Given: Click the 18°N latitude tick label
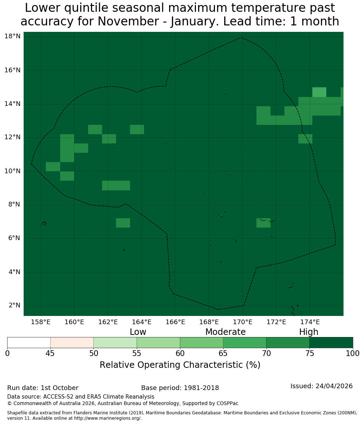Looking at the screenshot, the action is pos(13,36).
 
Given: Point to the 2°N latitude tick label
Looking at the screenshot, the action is pos(14,305).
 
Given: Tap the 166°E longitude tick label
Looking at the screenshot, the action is pos(176,322).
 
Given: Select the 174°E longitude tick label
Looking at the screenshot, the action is pos(310,322).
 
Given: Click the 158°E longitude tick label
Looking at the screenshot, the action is pos(40,322).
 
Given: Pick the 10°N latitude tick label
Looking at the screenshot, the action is pos(13,171).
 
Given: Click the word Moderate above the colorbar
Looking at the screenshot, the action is pos(225,332).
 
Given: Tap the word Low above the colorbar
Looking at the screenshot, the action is pos(138,332).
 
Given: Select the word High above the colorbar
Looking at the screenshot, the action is pos(308,332).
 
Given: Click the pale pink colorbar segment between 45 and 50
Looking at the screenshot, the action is pos(72,343).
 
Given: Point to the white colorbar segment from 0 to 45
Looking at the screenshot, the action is pos(29,343).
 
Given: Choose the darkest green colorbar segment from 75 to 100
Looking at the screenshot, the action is pos(331,343).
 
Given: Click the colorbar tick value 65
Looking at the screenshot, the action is pos(223,353).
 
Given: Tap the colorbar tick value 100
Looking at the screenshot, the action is pos(353,353).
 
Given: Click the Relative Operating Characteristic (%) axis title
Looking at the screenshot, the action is pos(180,365).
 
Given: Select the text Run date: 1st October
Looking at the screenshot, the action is pos(43,388).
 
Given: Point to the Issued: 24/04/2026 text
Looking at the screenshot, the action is pos(322,386).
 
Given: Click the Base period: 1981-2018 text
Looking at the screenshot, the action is pos(180,388).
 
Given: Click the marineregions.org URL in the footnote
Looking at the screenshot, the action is pos(108,418).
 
